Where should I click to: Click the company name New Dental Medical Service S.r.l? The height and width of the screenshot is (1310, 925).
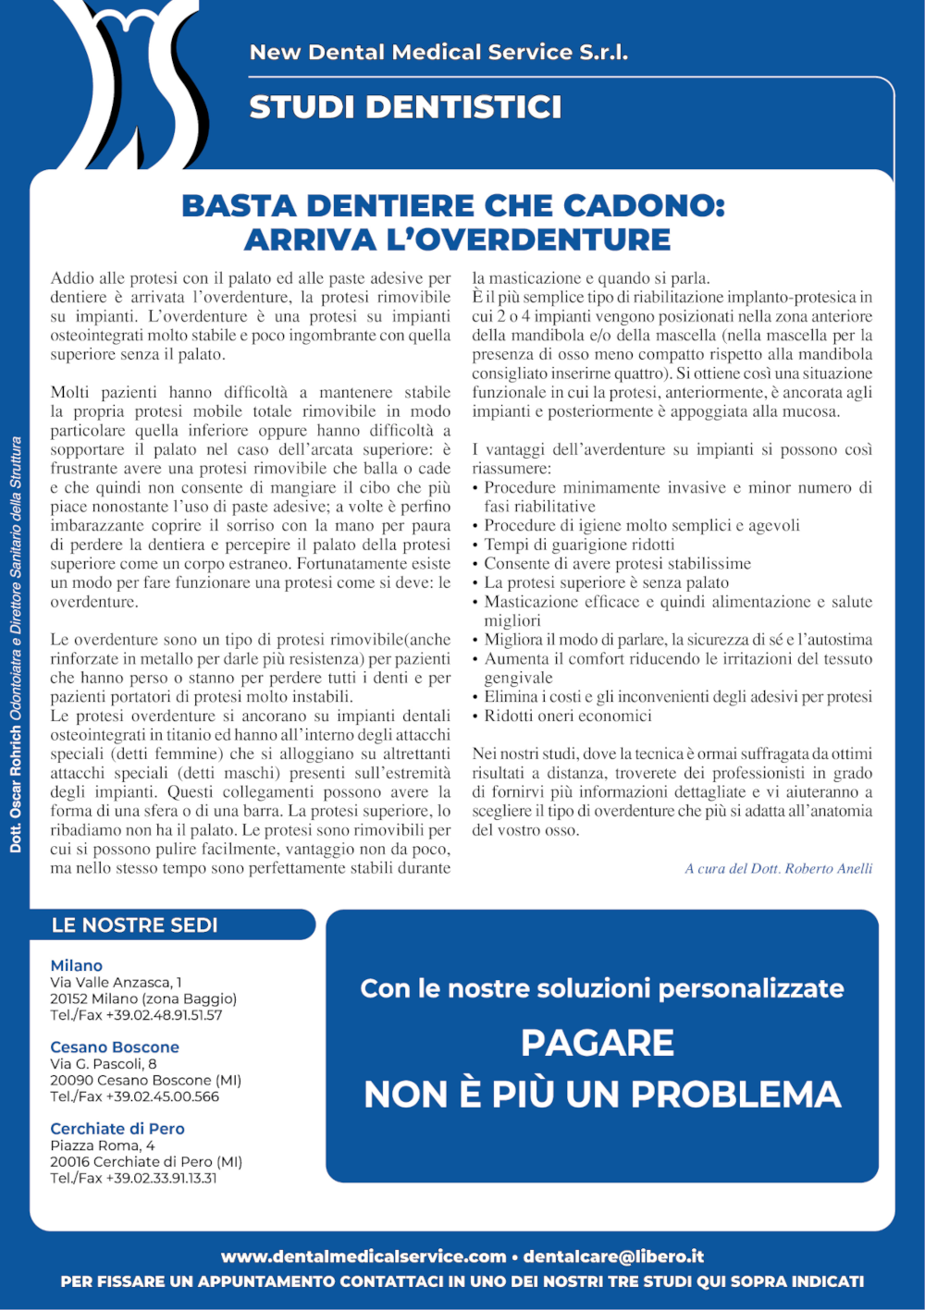(438, 53)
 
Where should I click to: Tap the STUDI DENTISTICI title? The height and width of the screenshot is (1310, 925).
(405, 107)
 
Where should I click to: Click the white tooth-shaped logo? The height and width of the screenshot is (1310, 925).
(139, 83)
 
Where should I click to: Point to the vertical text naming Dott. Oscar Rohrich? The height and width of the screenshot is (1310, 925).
(16, 643)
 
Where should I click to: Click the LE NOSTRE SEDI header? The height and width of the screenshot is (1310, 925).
(135, 925)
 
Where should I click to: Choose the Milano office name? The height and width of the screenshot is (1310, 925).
(76, 965)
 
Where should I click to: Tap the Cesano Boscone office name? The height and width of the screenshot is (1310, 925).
(115, 1047)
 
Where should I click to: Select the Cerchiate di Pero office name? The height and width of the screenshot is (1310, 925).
(117, 1128)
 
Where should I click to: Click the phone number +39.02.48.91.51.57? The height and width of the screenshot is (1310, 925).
(164, 1015)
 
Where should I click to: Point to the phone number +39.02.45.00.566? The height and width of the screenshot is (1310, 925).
(162, 1096)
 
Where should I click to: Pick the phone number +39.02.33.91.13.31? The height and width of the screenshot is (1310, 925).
(161, 1178)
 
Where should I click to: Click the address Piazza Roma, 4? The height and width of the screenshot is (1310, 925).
(103, 1145)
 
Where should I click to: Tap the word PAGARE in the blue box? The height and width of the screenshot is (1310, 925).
(598, 1043)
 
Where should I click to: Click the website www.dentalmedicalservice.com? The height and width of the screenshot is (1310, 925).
(364, 1256)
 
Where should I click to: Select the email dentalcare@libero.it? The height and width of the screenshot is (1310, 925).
(613, 1256)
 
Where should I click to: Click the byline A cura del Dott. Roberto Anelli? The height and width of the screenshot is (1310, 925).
(778, 868)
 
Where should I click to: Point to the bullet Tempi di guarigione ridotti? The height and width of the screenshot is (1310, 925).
(579, 545)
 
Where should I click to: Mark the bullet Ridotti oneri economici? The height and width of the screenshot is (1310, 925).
(568, 716)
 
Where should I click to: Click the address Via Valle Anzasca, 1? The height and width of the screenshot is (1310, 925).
(116, 982)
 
